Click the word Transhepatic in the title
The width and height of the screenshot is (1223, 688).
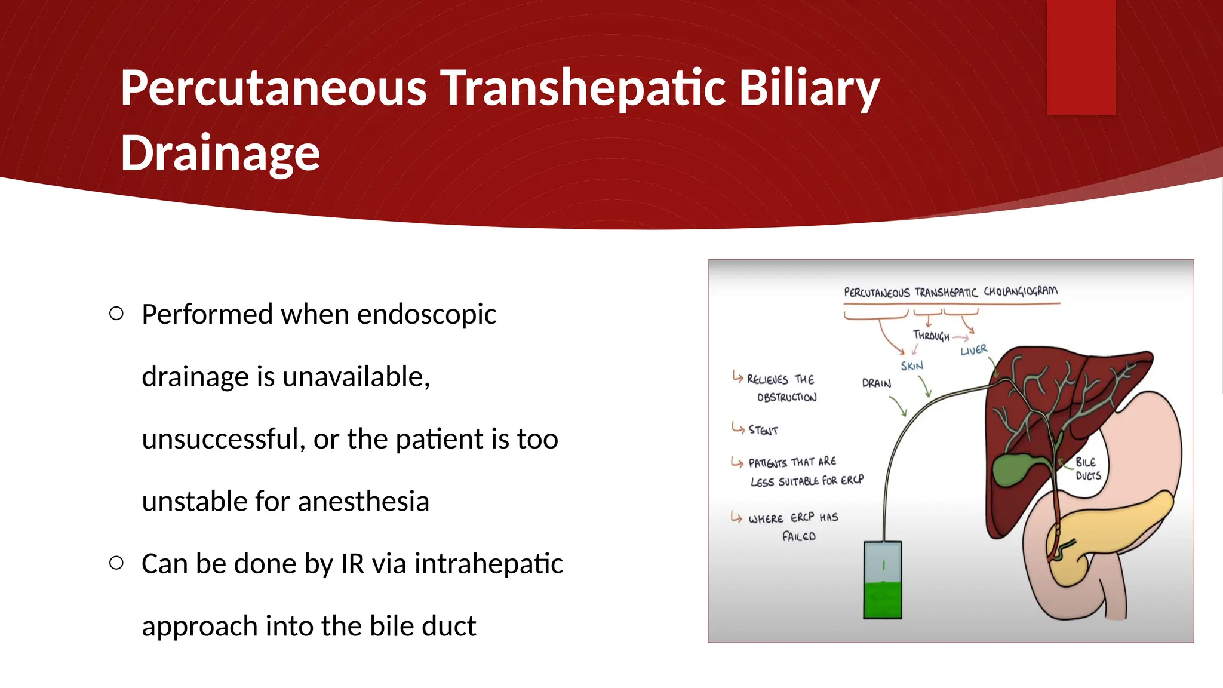[x=583, y=88]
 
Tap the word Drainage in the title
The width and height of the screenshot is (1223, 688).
[x=220, y=153]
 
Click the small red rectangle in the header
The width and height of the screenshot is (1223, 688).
[x=1081, y=57]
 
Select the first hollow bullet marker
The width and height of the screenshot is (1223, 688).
[x=116, y=314]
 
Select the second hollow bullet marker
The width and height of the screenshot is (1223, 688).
[x=116, y=563]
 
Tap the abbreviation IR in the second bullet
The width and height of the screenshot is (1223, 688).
[x=352, y=563]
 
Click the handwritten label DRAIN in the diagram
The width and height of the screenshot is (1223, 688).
[x=876, y=383]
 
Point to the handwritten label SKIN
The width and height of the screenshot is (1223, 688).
[x=912, y=365]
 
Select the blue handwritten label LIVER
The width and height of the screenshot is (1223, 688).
[x=973, y=350]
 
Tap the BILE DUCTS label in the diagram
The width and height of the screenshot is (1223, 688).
[x=1087, y=469]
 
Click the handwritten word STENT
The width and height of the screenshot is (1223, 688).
[x=763, y=430]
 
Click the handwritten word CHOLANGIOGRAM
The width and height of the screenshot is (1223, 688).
[x=1020, y=291]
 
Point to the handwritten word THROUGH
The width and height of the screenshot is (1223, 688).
[x=930, y=336]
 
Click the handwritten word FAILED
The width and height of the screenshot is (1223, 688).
[x=798, y=536]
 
